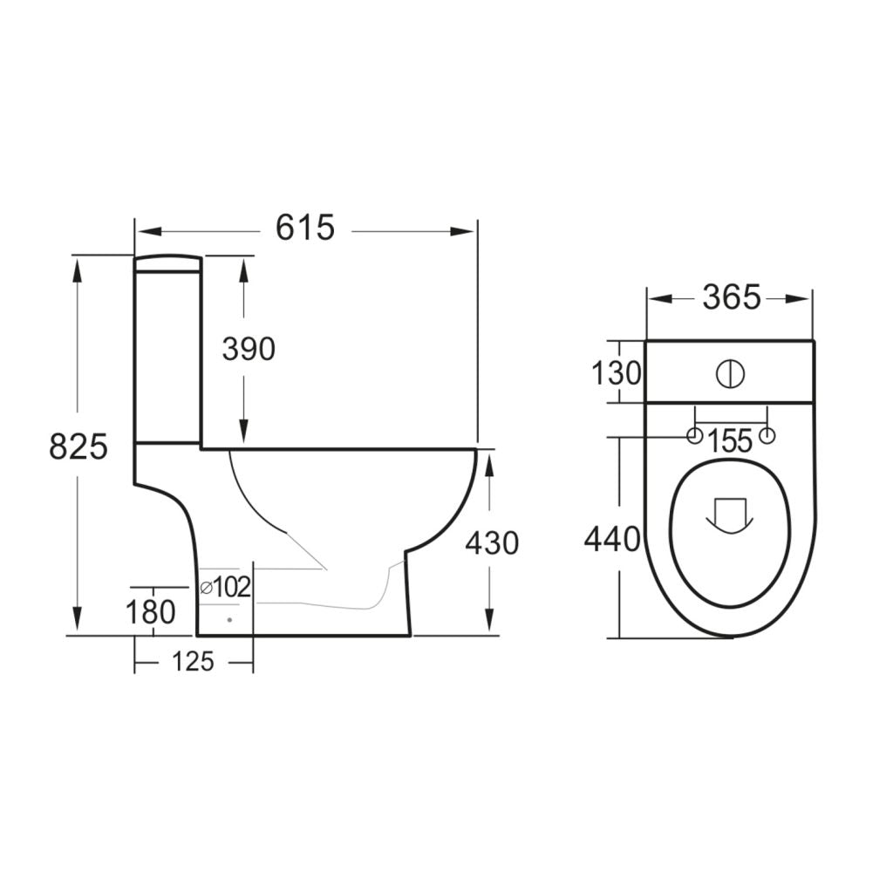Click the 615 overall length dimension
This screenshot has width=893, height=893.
click(x=305, y=228)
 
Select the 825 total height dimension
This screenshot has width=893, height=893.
click(x=78, y=446)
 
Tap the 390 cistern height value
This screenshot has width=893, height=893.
click(x=248, y=349)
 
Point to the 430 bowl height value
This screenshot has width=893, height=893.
click(x=491, y=543)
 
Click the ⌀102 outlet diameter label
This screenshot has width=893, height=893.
click(x=226, y=588)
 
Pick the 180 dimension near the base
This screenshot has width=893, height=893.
click(x=151, y=612)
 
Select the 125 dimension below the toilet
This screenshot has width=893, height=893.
click(x=193, y=662)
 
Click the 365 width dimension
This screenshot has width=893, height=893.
click(x=731, y=297)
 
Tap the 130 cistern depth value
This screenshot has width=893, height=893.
click(x=617, y=374)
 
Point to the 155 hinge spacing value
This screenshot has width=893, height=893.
click(x=730, y=441)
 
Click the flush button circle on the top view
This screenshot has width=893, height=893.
click(x=731, y=373)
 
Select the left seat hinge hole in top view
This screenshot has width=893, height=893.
click(x=694, y=436)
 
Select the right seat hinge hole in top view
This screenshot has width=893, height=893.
click(x=767, y=436)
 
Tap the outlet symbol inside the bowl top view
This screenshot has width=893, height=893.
click(x=729, y=515)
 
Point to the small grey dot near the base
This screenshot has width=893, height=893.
click(x=228, y=619)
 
